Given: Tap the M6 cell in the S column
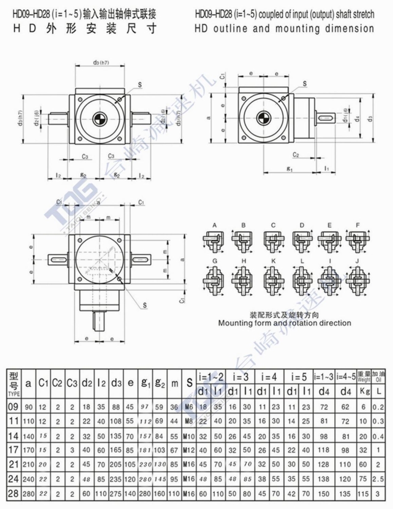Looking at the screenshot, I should click(x=189, y=407).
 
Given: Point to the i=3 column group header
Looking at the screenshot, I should click(x=241, y=378).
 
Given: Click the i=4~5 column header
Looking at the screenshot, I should click(x=345, y=378).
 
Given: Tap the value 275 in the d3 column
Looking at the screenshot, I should click(x=117, y=495).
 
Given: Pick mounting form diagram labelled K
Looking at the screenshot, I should click(x=273, y=279).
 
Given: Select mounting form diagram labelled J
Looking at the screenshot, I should click(x=356, y=279).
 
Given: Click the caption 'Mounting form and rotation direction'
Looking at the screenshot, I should click(x=285, y=323).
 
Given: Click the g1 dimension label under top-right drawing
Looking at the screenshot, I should click(x=289, y=168).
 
